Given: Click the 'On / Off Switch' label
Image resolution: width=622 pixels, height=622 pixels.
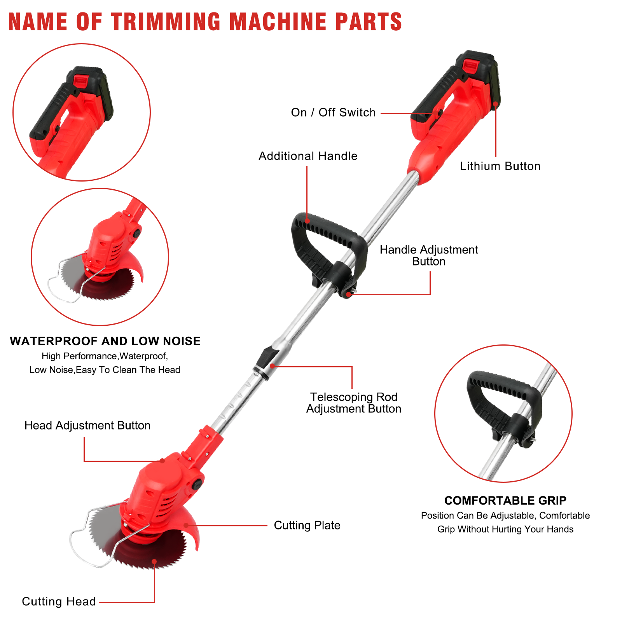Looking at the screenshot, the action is click(333, 113).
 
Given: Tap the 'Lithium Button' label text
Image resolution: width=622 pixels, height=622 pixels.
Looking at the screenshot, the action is click(500, 166).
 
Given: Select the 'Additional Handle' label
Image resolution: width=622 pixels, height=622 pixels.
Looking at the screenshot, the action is click(308, 156).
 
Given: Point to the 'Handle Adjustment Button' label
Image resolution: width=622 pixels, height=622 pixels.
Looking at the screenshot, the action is click(429, 255).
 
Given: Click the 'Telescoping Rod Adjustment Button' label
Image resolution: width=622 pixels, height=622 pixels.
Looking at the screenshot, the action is click(354, 403).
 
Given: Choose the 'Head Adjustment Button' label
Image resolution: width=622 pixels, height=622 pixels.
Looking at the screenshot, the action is click(87, 425).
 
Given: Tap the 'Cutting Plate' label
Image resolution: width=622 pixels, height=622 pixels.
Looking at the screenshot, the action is click(307, 526).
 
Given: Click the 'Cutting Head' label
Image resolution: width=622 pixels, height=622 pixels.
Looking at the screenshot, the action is click(59, 602).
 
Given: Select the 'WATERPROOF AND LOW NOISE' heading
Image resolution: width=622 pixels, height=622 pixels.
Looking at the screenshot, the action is click(105, 341).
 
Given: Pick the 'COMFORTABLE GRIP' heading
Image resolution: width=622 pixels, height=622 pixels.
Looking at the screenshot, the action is click(505, 501).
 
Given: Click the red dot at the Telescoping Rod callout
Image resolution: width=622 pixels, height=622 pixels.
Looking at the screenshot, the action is click(273, 366).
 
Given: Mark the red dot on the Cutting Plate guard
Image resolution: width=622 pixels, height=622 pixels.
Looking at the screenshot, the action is click(186, 525).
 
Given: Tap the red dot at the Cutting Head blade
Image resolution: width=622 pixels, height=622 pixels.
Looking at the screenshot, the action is click(154, 561).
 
